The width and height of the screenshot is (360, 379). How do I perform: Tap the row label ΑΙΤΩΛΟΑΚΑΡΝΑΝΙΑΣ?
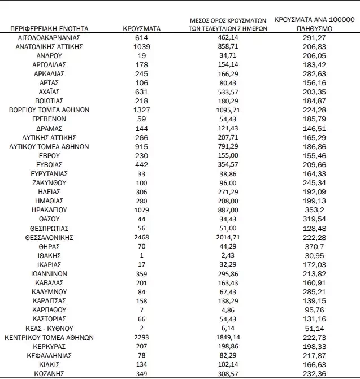[x=49, y=37]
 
